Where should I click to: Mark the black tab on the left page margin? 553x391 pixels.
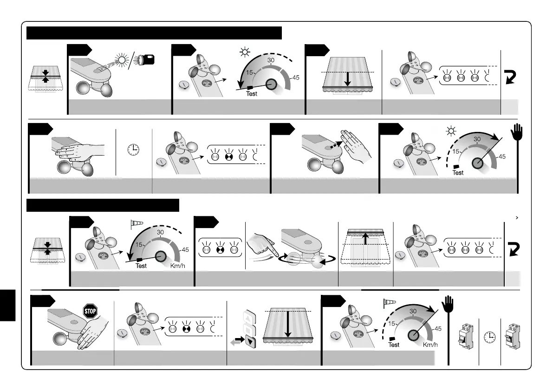coord(8,305)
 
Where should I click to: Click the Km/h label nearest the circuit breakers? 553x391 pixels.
coord(429,344)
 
